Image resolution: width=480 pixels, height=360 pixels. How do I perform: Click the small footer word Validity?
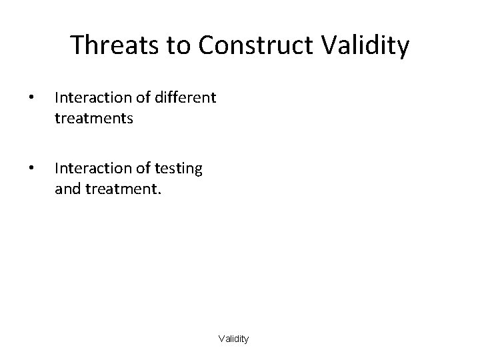tap(233, 339)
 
